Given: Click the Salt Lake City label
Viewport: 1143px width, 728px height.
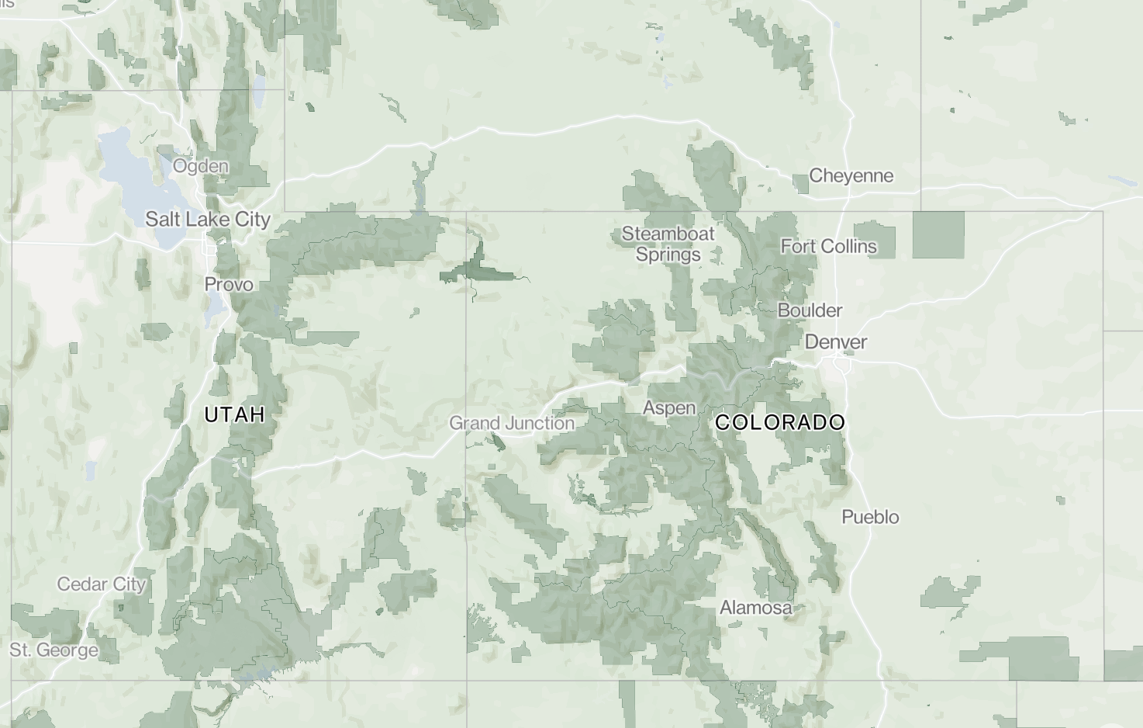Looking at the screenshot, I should [208, 220].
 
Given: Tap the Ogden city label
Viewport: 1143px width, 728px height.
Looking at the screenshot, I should [201, 166].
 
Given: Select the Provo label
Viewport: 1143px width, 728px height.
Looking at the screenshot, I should [229, 285].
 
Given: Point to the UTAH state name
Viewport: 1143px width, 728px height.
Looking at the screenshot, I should [235, 415].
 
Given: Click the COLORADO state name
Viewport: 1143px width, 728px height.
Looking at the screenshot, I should [779, 423].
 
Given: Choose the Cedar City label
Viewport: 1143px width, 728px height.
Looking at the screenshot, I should [102, 584].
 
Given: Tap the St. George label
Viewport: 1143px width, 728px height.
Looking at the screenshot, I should [54, 650].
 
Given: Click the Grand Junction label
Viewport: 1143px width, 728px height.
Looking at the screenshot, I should [512, 424].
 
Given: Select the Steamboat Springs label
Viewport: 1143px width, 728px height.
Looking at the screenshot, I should [668, 244].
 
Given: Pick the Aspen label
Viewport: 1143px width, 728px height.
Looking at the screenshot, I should [669, 408].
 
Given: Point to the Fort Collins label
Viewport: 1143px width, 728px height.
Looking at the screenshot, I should [828, 247].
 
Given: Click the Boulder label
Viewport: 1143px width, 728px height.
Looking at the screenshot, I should [810, 310].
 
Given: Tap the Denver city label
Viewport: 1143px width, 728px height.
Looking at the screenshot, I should [836, 342].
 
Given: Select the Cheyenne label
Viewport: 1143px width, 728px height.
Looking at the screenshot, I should [851, 176].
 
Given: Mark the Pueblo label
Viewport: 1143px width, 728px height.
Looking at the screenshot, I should [870, 517].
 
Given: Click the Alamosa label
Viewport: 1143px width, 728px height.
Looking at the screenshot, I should [756, 608].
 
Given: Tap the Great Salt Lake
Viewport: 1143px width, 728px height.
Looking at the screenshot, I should [124, 167].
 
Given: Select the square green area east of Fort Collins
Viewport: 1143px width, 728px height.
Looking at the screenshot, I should [938, 234].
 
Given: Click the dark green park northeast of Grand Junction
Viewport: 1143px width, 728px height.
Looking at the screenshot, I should [477, 268].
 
